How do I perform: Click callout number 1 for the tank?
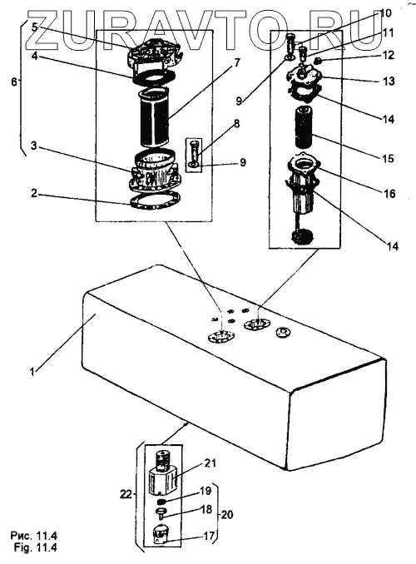pos(32,371)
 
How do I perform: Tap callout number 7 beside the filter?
pos(236,62)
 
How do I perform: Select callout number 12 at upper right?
pos(388,56)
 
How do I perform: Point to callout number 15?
pos(389,158)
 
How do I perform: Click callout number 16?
pos(389,194)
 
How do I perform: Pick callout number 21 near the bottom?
pos(210,463)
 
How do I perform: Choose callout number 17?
pos(209,536)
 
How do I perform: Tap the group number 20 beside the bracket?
pos(226,515)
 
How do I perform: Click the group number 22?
pos(126,495)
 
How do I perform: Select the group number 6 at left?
pos(14,82)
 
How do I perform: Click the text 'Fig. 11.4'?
pos(35,548)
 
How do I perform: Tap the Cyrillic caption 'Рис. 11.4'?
pos(34,536)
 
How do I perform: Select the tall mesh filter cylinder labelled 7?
pos(155,117)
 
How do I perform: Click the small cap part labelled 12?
pos(317,61)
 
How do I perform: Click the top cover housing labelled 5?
pos(154,53)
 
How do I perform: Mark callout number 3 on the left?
pos(33,146)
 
